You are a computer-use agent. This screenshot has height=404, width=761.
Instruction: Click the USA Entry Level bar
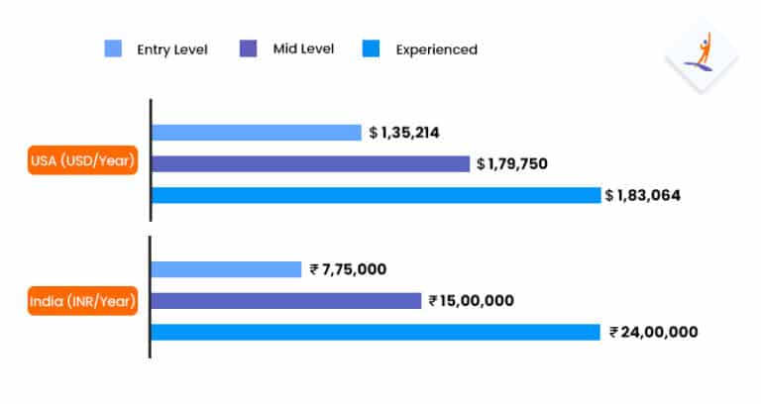click(256, 132)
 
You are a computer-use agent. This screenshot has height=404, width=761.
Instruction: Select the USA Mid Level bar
click(310, 163)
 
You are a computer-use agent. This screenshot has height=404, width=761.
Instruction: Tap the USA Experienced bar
click(377, 195)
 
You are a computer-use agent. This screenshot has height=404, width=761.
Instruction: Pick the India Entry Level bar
click(226, 268)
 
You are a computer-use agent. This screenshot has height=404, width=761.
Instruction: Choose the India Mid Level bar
click(286, 300)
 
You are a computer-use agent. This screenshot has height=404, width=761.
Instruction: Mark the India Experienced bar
click(376, 332)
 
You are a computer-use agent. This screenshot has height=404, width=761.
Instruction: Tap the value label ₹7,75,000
click(348, 268)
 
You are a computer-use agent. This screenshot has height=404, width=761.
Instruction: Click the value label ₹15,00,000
click(471, 300)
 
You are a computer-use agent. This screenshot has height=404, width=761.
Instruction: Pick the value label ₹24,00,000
click(653, 332)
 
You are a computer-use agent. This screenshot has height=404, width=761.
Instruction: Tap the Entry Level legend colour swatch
click(113, 49)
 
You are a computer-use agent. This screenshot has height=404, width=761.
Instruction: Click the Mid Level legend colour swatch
click(248, 49)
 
